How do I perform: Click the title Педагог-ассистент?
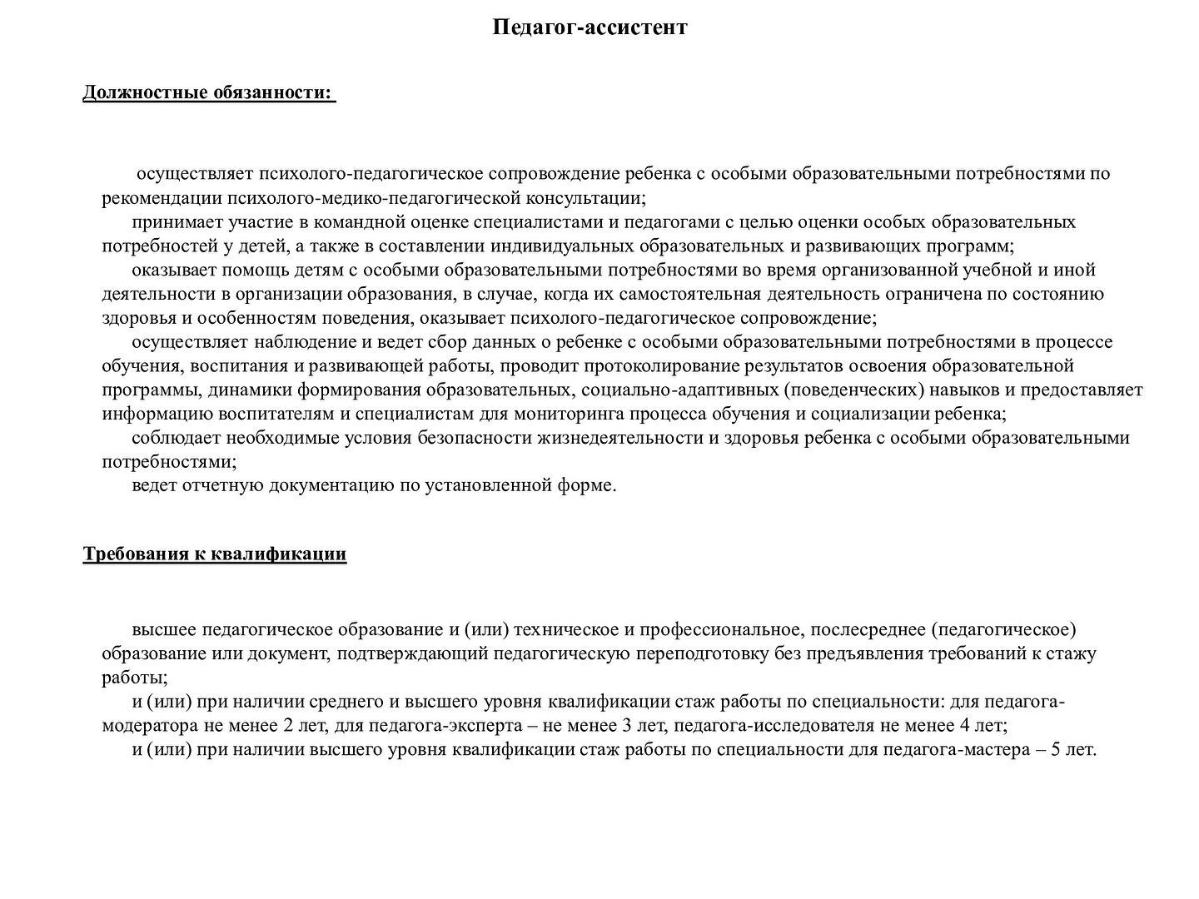point(590,27)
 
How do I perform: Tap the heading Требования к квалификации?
point(214,554)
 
